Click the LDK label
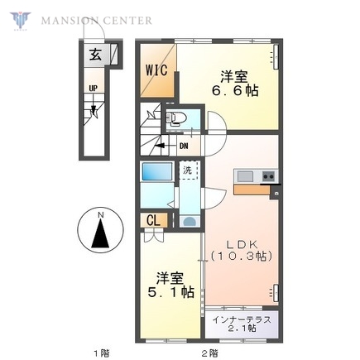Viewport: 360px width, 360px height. click(x=240, y=244)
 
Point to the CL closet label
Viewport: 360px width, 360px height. click(x=154, y=220)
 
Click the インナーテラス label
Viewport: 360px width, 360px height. click(x=244, y=319)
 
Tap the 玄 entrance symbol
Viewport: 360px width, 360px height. click(x=95, y=55)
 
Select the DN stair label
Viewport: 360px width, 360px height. click(x=184, y=145)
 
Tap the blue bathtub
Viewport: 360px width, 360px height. click(x=156, y=173)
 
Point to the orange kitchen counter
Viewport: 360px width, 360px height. click(x=252, y=190)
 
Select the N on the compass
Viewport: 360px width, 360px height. click(x=100, y=217)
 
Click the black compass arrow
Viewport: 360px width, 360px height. click(x=100, y=236)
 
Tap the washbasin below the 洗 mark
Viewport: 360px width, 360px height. click(x=189, y=222)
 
